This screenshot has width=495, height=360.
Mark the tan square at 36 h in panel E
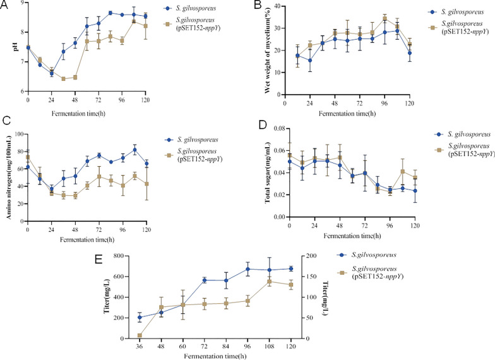[138, 335]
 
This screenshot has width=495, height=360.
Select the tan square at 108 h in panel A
[134, 21]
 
